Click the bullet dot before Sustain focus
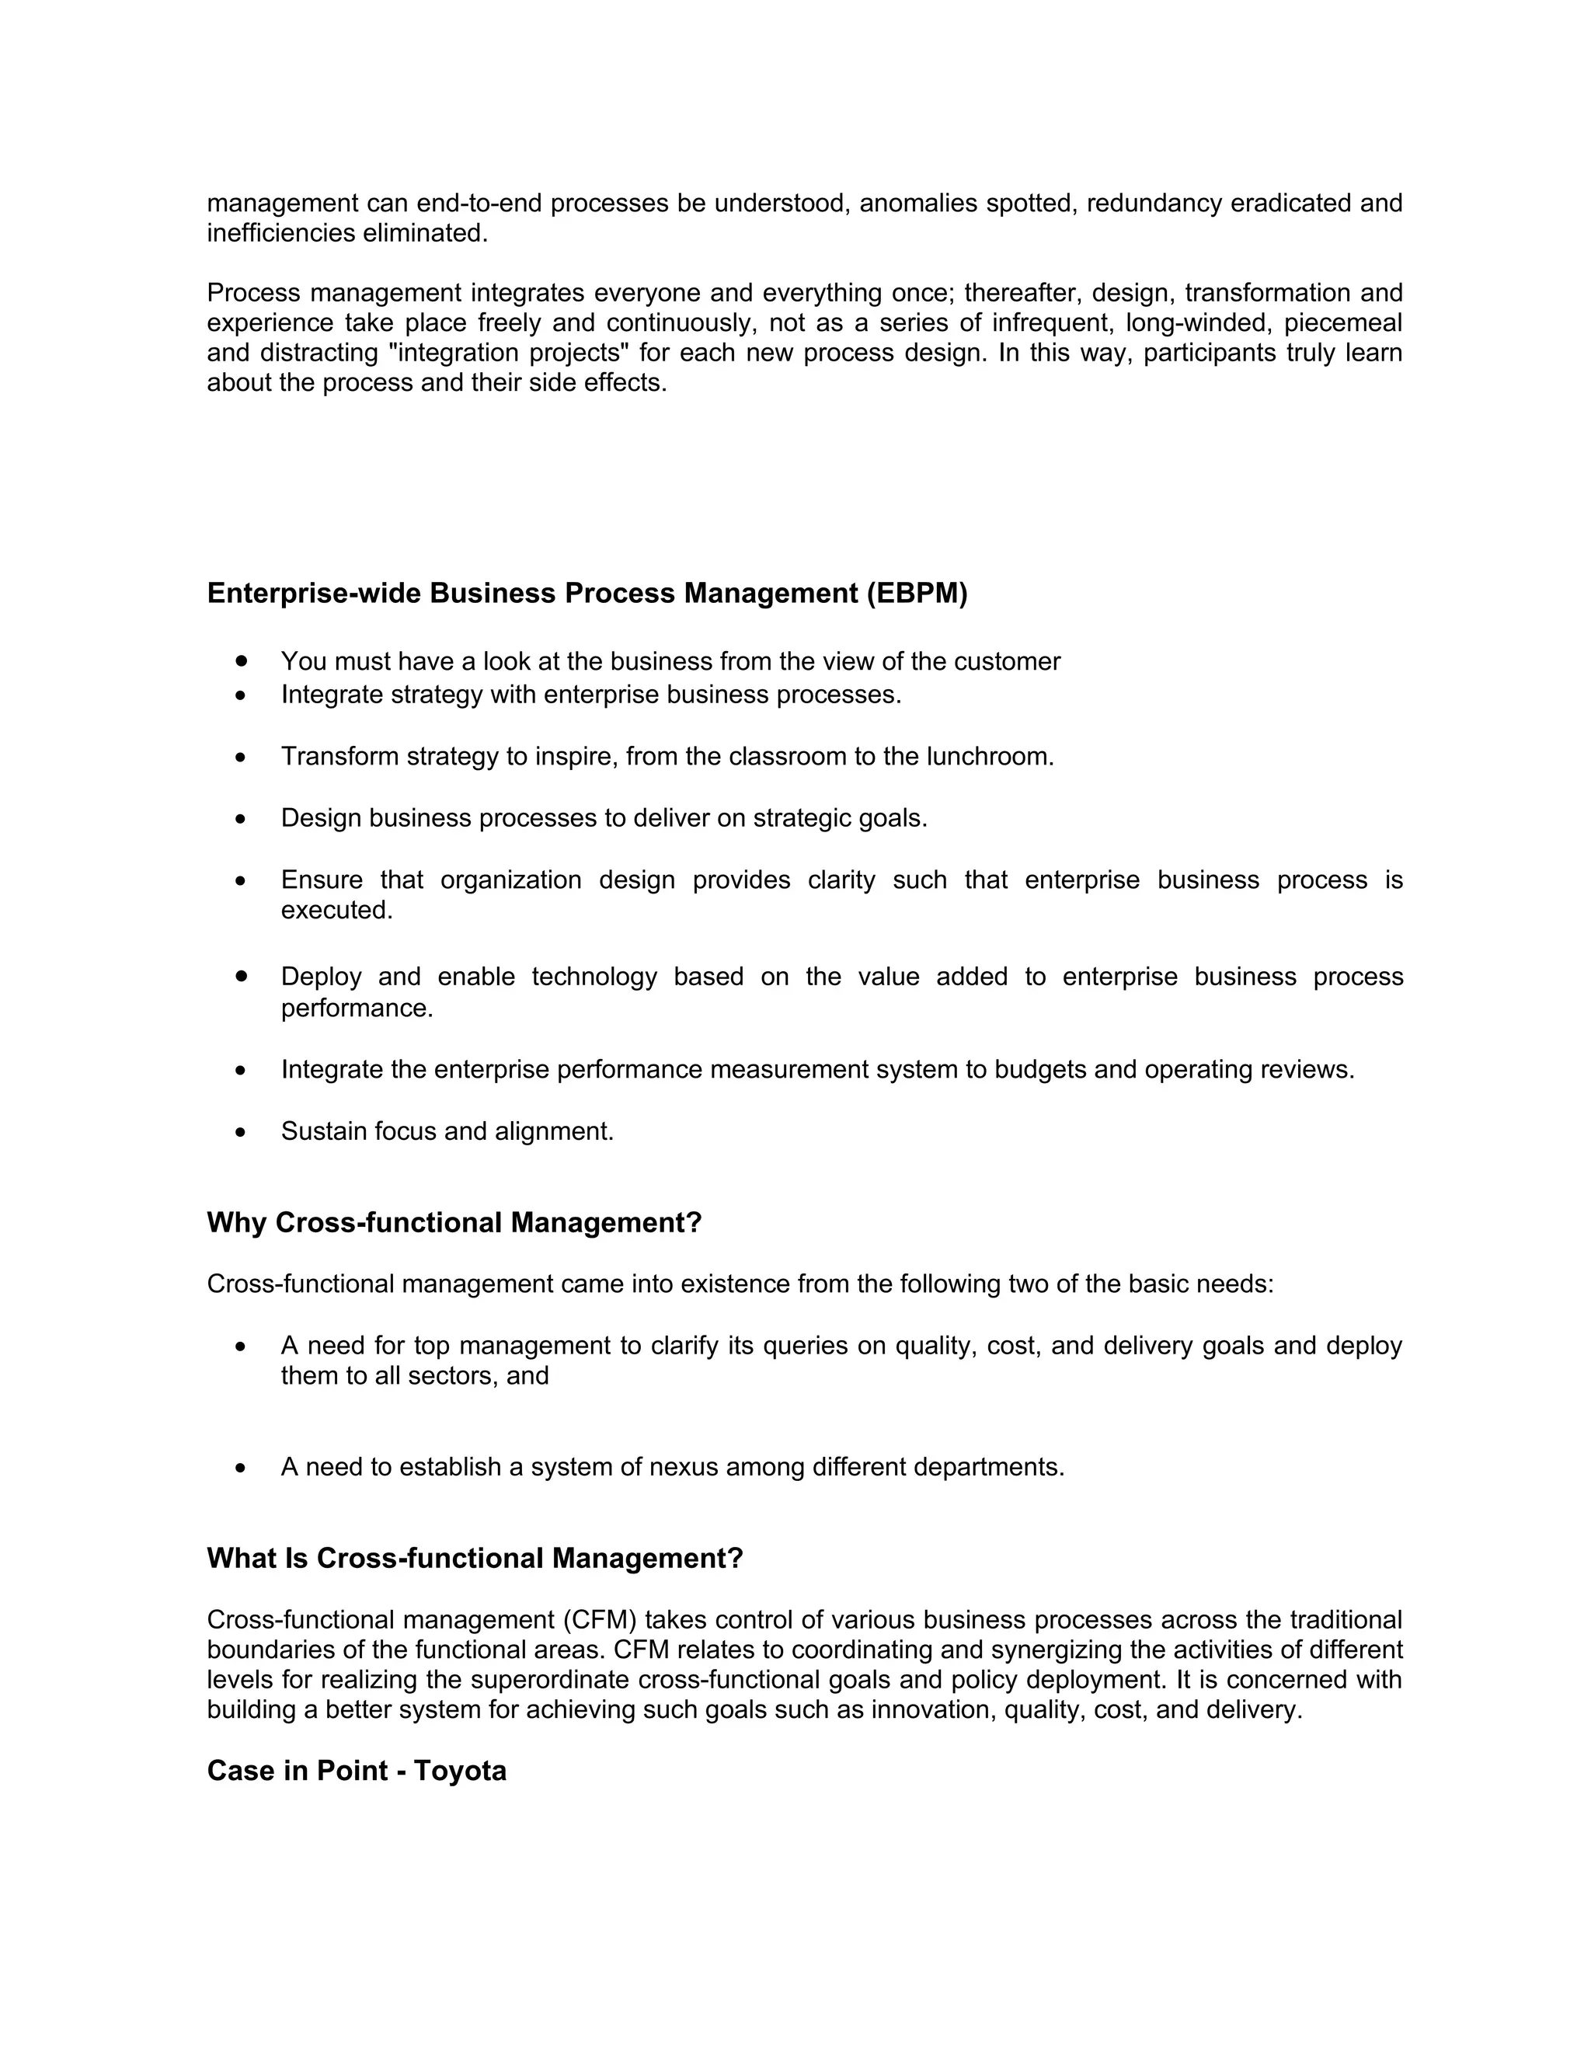coord(242,1131)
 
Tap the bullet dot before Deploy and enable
coord(242,976)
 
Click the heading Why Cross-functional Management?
coord(454,1223)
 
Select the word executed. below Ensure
coord(336,910)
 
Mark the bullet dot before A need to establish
coord(242,1468)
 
